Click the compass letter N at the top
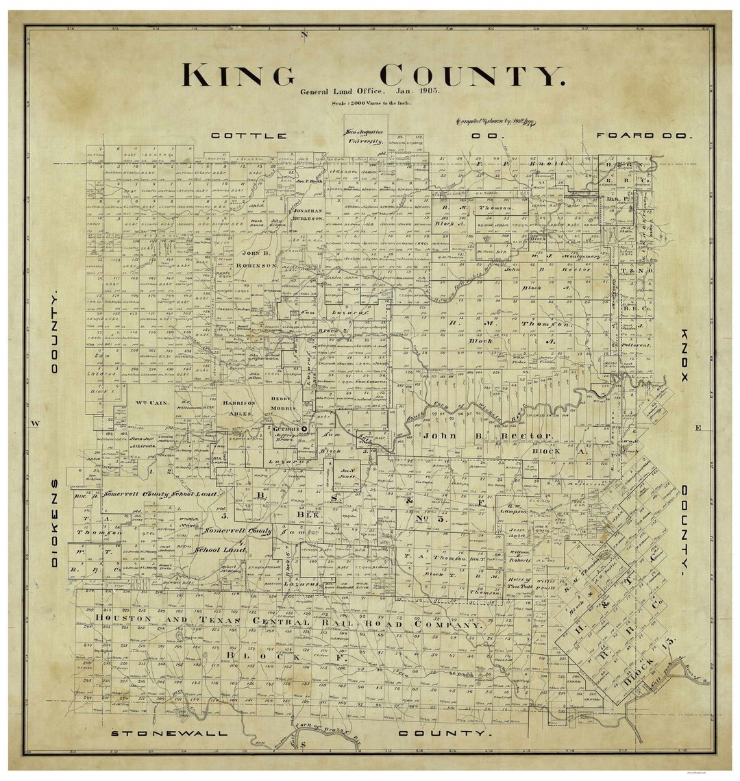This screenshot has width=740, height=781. click(x=305, y=34)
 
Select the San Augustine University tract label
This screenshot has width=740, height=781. click(x=365, y=136)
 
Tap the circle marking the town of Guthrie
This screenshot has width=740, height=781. click(x=304, y=429)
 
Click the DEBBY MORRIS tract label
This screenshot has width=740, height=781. click(x=281, y=404)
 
